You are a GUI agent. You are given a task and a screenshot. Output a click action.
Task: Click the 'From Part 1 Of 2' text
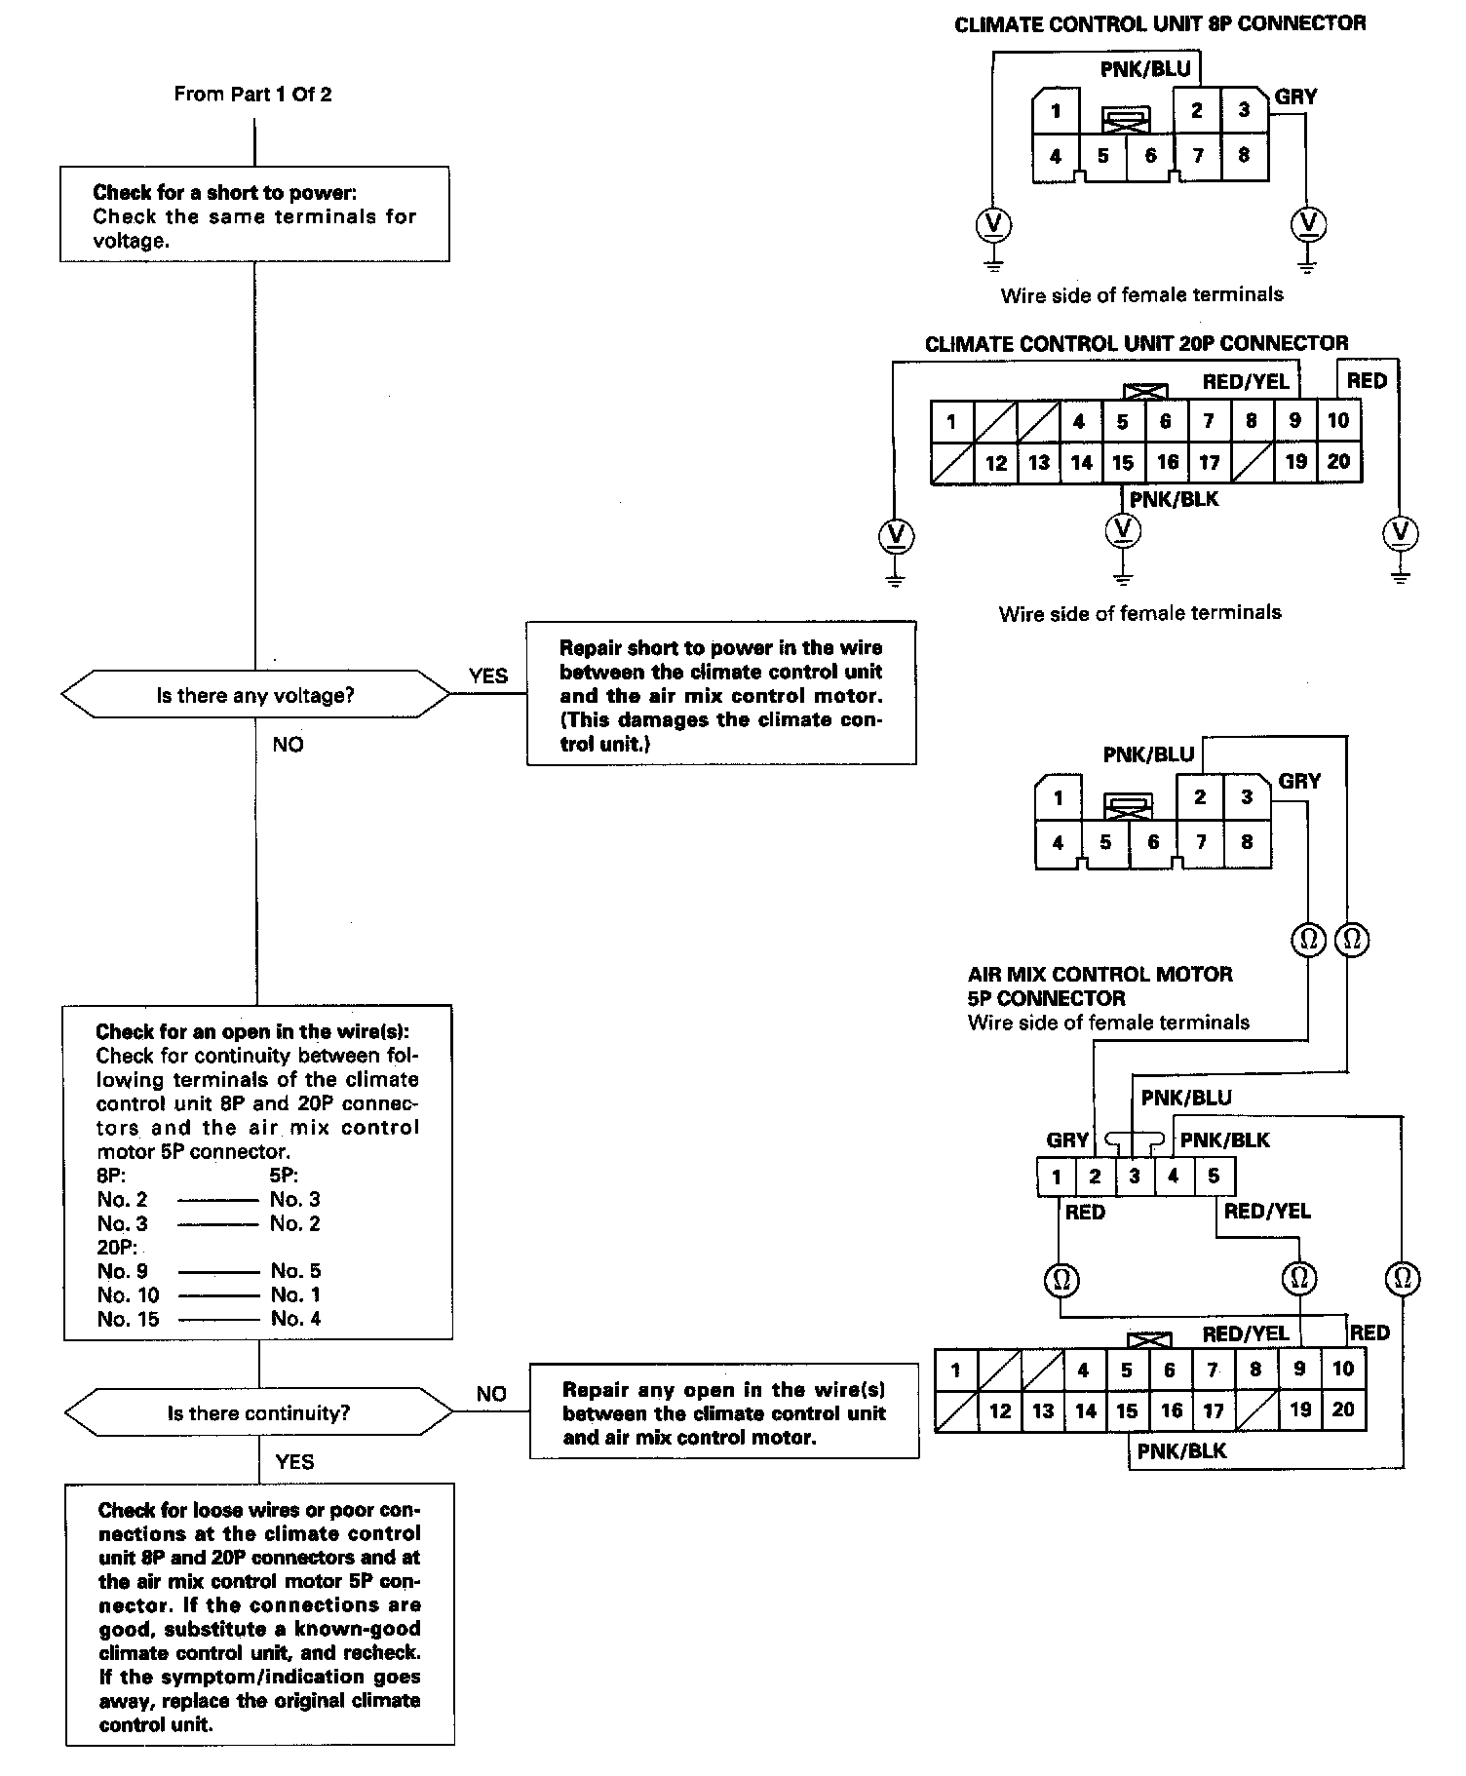pos(252,95)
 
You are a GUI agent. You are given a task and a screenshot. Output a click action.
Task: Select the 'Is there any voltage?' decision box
pos(255,696)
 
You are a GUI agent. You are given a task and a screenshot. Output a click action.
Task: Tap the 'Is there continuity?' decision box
pos(258,1412)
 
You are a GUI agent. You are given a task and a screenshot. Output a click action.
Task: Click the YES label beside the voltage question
pos(488,676)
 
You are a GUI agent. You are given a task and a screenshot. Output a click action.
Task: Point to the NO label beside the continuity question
pos(491,1394)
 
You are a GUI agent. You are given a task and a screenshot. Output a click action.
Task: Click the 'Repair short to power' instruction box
pos(721,694)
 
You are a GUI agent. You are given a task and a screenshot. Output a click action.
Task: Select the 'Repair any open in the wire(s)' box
pos(724,1412)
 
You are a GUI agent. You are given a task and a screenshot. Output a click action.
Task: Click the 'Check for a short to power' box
pos(254,214)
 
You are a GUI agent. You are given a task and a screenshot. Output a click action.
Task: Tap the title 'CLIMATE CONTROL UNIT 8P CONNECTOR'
pos(1160,24)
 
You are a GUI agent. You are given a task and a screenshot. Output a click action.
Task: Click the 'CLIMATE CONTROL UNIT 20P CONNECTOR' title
pos(1137,343)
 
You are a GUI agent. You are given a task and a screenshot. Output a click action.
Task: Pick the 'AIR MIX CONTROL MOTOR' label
pos(1100,974)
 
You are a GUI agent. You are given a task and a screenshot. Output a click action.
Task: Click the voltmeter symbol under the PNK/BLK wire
pos(1123,529)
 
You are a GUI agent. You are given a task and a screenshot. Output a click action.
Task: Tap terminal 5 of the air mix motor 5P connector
pos(1214,1177)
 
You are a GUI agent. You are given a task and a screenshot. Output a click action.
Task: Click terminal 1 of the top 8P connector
pos(1056,111)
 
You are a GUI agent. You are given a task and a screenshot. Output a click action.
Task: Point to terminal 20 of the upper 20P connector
pos(1339,462)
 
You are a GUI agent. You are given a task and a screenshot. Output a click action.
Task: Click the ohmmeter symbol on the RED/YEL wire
pos(1299,1278)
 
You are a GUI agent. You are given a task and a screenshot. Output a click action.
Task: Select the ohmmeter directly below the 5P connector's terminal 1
pos(1061,1279)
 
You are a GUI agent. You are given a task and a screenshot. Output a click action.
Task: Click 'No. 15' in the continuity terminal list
pos(128,1319)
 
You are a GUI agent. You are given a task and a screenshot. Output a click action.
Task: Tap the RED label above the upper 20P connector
pos(1367,381)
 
